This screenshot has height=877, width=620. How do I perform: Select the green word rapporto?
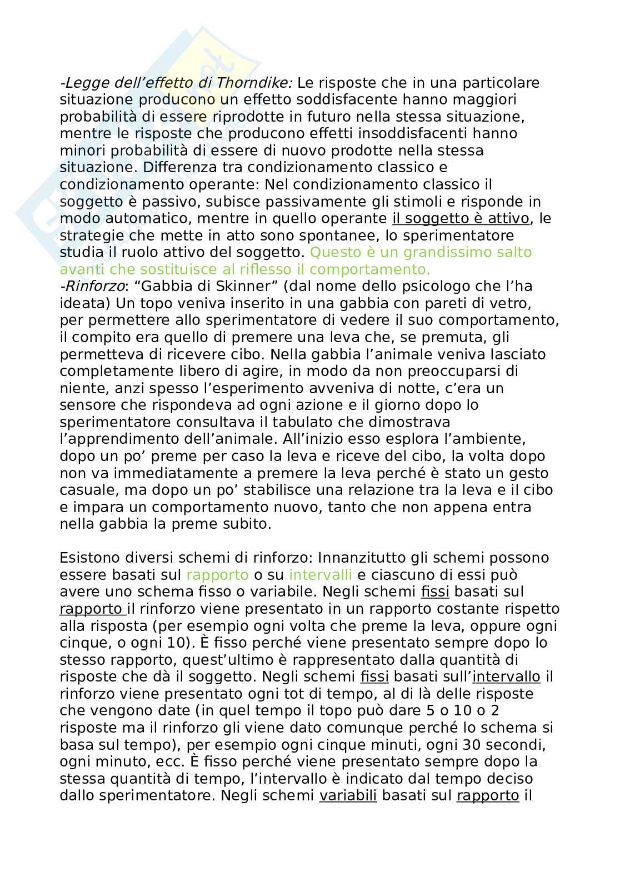tap(217, 574)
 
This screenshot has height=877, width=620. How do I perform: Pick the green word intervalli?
tap(321, 574)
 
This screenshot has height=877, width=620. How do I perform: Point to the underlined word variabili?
tap(348, 796)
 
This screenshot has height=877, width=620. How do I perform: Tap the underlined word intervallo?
tap(506, 676)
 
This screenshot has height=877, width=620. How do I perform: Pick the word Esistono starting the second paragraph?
tap(86, 557)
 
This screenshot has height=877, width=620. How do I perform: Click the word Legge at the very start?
tap(82, 83)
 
